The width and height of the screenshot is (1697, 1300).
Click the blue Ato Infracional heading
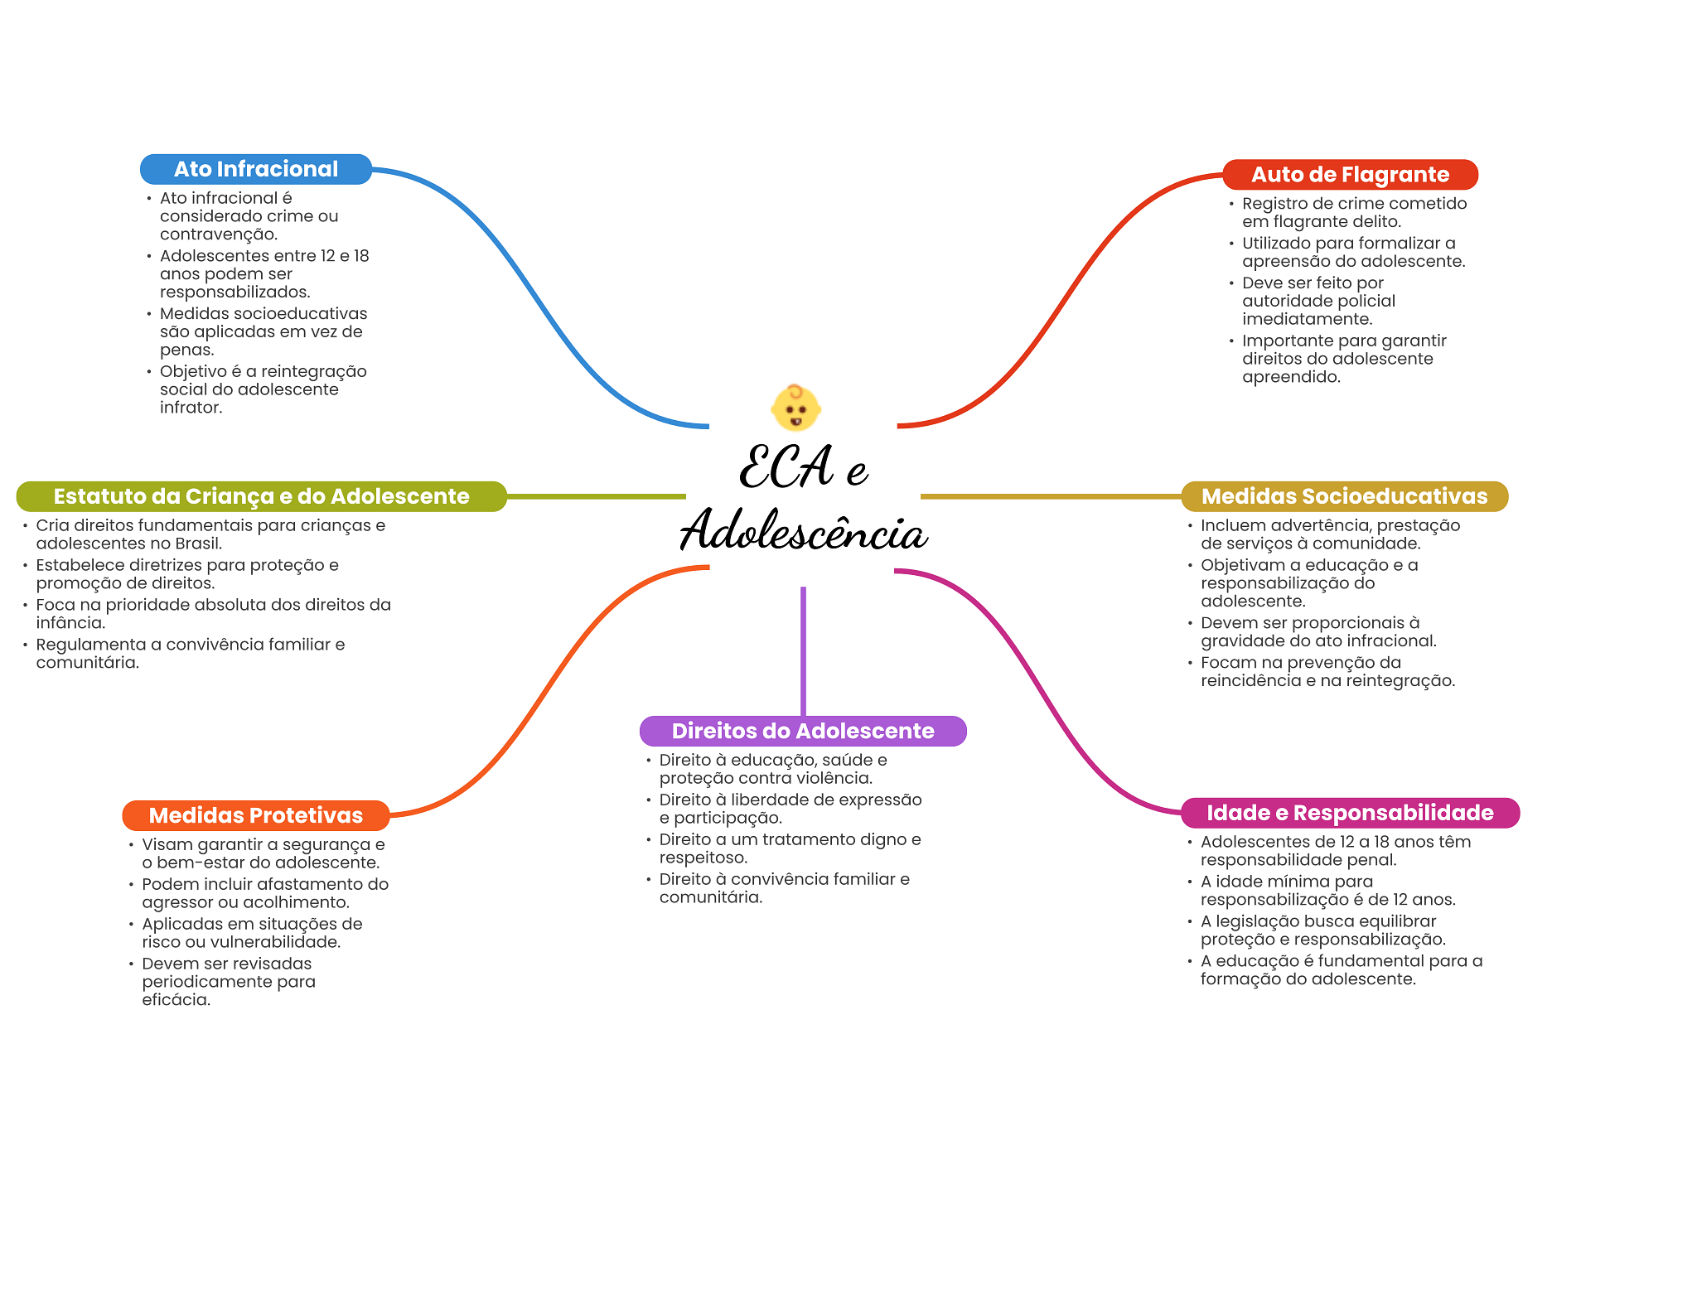tap(255, 169)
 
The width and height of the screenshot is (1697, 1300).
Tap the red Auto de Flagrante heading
tap(1350, 175)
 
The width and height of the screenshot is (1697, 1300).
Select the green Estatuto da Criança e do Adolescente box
tap(261, 496)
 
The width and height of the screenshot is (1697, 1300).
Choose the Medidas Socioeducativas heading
tap(1344, 496)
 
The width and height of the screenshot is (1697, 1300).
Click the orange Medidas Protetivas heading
tap(255, 815)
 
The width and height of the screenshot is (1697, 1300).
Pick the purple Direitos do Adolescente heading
tap(802, 731)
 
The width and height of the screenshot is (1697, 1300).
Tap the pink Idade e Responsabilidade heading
tap(1350, 813)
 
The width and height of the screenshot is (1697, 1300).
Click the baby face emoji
tap(795, 408)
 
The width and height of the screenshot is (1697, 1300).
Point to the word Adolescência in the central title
tap(803, 531)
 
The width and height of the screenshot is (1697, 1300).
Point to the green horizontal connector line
tap(597, 496)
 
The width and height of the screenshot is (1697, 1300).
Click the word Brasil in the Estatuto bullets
tap(196, 544)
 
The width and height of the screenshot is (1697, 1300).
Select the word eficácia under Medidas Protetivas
tap(175, 1000)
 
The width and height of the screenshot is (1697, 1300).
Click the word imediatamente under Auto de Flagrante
tap(1306, 320)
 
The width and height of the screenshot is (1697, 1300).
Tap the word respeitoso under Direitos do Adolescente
tap(702, 858)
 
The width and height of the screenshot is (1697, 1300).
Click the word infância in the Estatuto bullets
tap(70, 623)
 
